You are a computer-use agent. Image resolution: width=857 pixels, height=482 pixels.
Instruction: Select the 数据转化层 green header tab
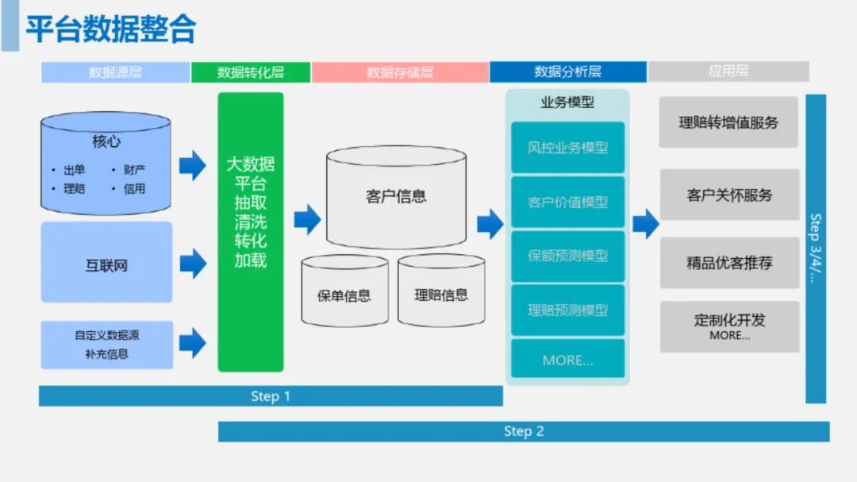pos(251,72)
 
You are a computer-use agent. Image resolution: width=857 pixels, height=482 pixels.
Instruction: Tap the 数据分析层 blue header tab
pos(567,72)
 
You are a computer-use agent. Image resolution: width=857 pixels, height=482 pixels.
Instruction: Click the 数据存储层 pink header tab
pos(400,72)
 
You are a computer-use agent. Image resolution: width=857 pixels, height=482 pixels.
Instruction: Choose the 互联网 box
pos(106,263)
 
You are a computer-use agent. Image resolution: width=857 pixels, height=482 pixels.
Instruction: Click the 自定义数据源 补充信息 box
pos(106,345)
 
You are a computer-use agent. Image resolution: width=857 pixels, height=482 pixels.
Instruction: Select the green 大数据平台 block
pos(251,231)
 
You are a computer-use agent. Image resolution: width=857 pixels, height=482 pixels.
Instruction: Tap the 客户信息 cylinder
pos(396,197)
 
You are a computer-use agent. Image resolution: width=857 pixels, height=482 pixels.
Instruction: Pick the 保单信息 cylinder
pos(344,292)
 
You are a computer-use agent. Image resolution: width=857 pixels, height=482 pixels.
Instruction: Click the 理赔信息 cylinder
pos(441,291)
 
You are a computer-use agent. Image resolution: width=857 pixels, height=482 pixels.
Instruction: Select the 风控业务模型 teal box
pos(567,148)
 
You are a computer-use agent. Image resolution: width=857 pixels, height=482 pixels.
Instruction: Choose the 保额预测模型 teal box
pos(567,256)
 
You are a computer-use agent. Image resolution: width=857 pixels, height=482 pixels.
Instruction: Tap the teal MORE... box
pos(567,360)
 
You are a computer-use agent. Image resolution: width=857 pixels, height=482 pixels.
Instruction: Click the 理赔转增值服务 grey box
pos(728,122)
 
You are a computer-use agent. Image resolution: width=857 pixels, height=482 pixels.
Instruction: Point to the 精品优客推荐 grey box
pos(729,263)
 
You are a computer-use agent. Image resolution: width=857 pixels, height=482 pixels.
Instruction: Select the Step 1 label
pos(271,396)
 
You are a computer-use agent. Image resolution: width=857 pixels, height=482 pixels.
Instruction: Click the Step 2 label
pos(524,431)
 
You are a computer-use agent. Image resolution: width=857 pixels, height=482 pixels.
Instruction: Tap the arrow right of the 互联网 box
pos(193,263)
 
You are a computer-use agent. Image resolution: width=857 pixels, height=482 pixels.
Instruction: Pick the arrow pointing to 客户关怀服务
pos(645,223)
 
